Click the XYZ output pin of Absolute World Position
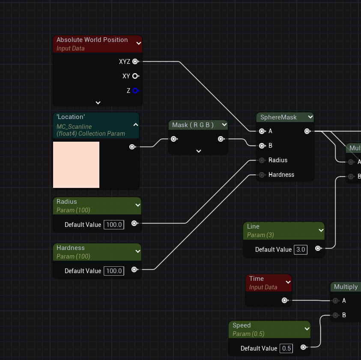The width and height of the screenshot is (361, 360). tap(135, 62)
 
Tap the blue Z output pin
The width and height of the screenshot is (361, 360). tap(135, 91)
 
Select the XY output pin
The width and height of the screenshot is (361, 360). tap(135, 76)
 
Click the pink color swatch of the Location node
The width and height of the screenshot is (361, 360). tap(76, 165)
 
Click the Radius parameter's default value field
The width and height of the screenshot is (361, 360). tap(114, 225)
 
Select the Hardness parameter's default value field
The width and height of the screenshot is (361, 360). tap(114, 271)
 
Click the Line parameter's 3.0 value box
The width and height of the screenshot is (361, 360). tap(301, 250)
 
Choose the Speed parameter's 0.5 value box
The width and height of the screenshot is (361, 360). tap(286, 348)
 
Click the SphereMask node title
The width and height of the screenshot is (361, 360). tap(279, 117)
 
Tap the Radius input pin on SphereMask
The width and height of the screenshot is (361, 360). tap(262, 160)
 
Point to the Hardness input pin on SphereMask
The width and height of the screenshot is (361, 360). tap(262, 175)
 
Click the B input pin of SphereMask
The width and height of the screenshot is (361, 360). tap(262, 146)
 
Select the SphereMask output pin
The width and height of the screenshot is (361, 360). tap(307, 131)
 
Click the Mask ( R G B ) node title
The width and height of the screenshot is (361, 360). tap(193, 125)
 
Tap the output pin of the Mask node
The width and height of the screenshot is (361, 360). tap(221, 139)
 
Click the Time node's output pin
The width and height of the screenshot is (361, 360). tap(284, 300)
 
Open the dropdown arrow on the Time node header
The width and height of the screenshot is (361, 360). tap(288, 282)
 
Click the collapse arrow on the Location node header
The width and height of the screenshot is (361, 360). tap(135, 125)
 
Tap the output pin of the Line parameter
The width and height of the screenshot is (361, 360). tap(318, 248)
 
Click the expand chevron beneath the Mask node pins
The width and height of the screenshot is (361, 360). tap(198, 151)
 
